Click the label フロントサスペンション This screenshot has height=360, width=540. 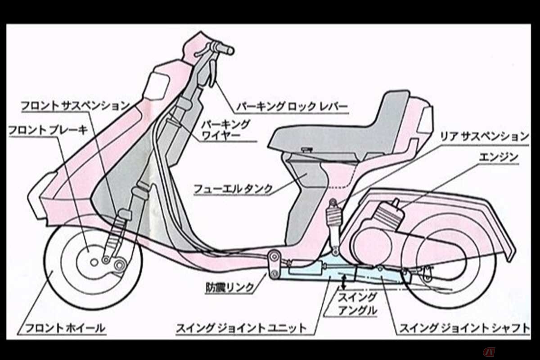point(76,106)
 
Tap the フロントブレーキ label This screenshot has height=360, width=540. point(48,130)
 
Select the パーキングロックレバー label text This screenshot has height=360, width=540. point(292,107)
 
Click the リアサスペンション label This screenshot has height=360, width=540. point(485,137)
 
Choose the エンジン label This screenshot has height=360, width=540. point(498,157)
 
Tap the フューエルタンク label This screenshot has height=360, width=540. point(233,189)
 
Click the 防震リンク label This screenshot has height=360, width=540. point(230,287)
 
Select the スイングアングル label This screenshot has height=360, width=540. point(357,304)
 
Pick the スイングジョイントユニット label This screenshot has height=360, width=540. point(241,328)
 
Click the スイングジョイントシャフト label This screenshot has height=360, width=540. point(464,328)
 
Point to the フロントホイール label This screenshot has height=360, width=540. point(65,328)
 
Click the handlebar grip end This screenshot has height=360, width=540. point(230,51)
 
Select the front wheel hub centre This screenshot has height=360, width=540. point(94,262)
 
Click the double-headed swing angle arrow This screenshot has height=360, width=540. point(344,282)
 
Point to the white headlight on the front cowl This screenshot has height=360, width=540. point(157,86)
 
